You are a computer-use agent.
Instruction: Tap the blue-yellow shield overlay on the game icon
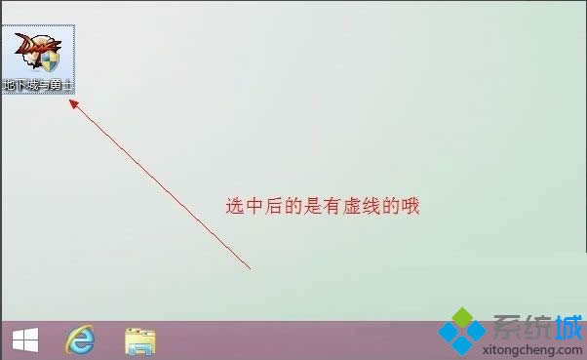pyautogui.click(x=49, y=62)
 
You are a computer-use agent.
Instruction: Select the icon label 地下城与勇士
pyautogui.click(x=39, y=85)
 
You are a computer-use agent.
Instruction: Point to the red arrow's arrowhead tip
pyautogui.click(x=69, y=100)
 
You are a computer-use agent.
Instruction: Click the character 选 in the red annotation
pyautogui.click(x=235, y=206)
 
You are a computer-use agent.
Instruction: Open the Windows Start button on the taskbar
pyautogui.click(x=24, y=340)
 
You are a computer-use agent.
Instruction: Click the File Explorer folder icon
pyautogui.click(x=140, y=340)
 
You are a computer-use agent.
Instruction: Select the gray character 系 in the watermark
pyautogui.click(x=505, y=325)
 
